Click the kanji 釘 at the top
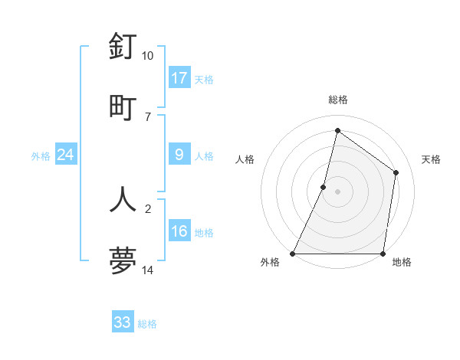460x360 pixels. click(123, 47)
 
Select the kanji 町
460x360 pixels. click(123, 106)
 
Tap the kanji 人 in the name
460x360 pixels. click(123, 198)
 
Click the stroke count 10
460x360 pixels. click(148, 56)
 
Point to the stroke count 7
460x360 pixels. click(148, 116)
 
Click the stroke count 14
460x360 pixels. click(148, 270)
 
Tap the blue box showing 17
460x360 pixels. click(179, 77)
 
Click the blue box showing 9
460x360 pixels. click(179, 155)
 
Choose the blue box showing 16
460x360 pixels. click(179, 231)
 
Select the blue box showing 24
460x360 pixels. click(65, 155)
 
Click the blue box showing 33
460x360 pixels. click(122, 322)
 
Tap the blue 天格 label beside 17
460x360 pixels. click(203, 79)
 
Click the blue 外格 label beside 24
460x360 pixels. click(41, 156)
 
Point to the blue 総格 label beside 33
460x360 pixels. click(147, 324)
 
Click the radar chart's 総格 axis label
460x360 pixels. click(337, 100)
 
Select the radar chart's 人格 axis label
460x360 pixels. click(245, 159)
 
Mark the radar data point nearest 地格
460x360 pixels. click(383, 254)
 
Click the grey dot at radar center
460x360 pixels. click(337, 191)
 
